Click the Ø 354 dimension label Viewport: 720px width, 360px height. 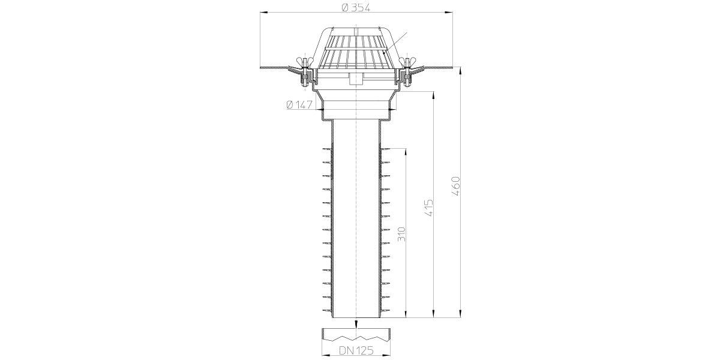(356, 7)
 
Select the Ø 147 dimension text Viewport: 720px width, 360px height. (299, 105)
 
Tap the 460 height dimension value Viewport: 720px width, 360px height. (456, 186)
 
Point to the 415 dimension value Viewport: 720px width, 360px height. (429, 208)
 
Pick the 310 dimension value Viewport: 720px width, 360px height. (402, 235)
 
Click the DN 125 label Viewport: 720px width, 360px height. (356, 350)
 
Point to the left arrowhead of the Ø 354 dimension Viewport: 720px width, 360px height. (263, 13)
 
